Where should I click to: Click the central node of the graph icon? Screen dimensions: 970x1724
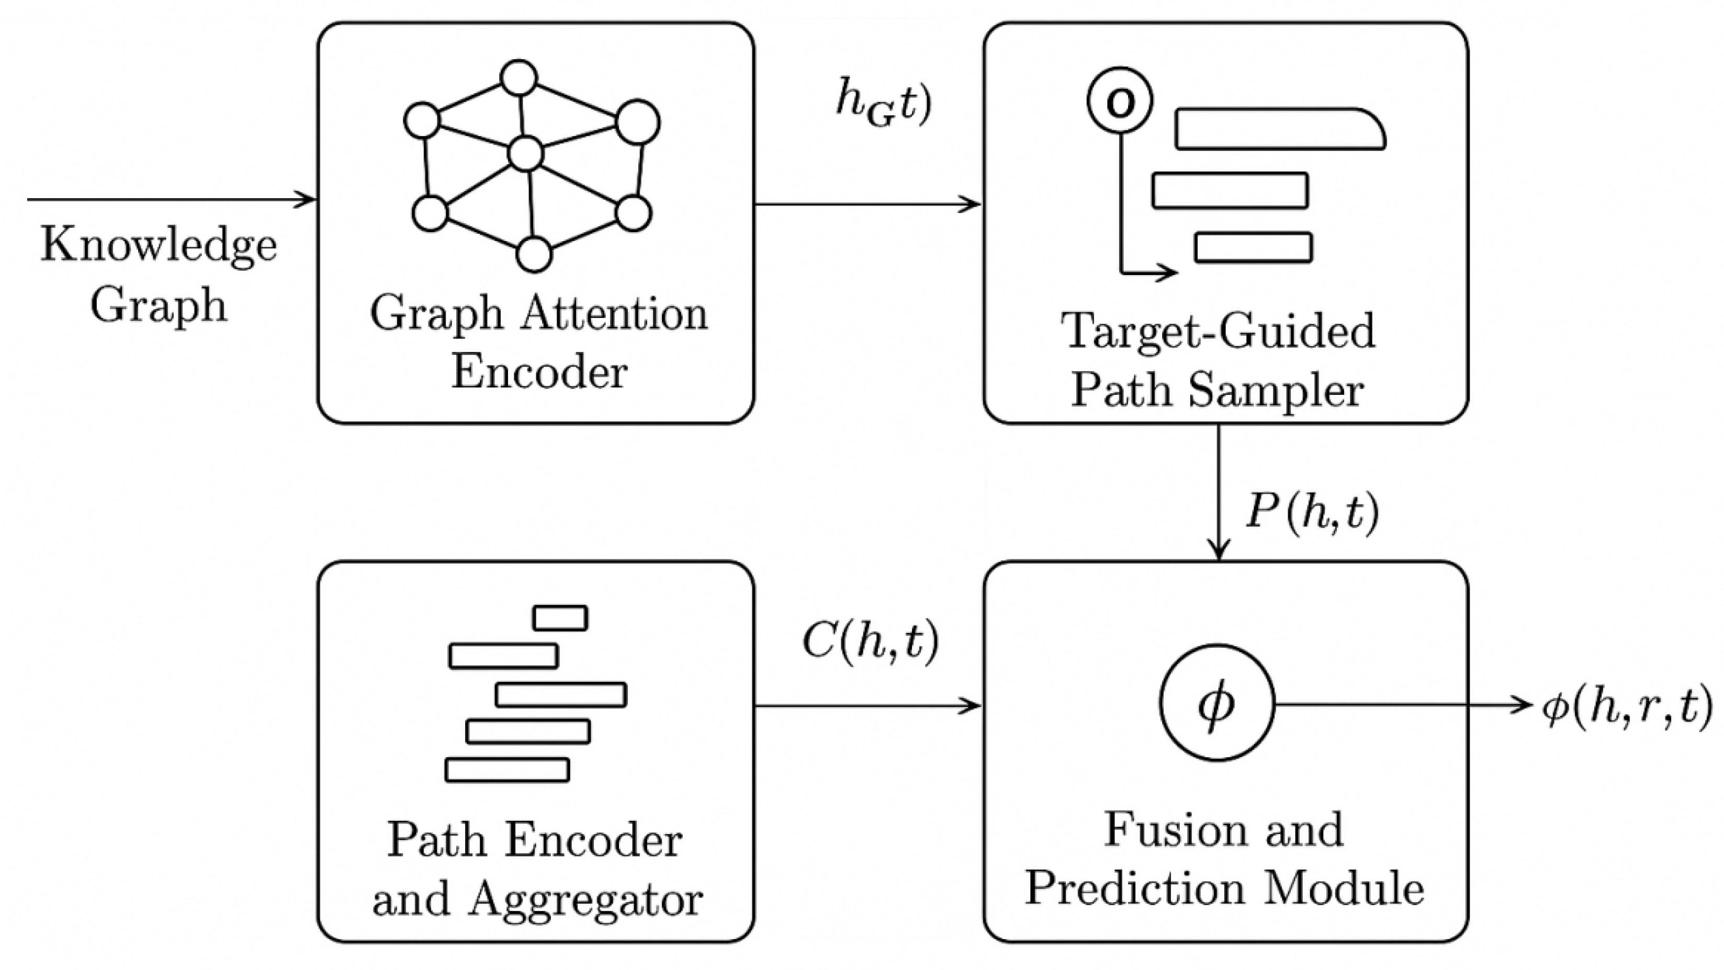[525, 154]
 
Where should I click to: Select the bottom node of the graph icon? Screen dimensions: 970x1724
[534, 254]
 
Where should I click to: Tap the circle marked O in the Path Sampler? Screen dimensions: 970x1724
[1120, 101]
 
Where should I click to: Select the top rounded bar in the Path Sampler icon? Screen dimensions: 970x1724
[1278, 129]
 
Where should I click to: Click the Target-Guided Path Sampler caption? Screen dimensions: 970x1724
[1218, 360]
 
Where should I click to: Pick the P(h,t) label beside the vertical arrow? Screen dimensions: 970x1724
[1312, 513]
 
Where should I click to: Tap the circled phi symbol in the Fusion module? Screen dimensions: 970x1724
[1216, 705]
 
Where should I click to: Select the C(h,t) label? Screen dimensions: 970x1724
[870, 642]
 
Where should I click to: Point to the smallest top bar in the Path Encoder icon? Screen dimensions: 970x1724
[560, 618]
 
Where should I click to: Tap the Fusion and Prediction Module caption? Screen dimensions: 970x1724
[1225, 859]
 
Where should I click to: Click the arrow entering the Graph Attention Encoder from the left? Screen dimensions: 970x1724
[171, 199]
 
